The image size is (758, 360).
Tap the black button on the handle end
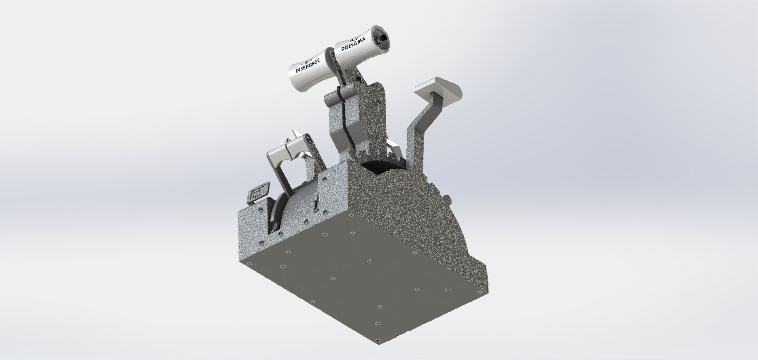(x=381, y=38)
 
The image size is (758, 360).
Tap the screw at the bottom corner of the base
(x=378, y=341)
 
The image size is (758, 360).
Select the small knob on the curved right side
(x=447, y=199)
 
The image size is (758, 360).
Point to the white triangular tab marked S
(x=293, y=136)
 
